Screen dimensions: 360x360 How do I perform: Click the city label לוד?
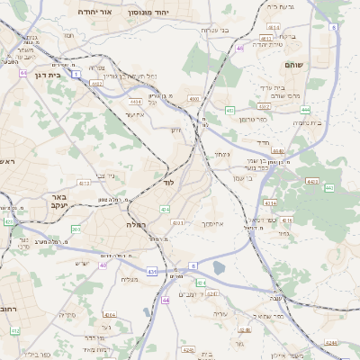click(168, 182)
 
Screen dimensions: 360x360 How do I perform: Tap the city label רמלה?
click(137, 225)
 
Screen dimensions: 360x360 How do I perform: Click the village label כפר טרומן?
click(254, 119)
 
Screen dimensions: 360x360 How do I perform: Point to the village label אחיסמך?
click(213, 223)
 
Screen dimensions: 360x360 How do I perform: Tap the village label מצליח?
click(130, 279)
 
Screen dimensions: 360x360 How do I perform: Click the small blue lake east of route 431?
click(220, 267)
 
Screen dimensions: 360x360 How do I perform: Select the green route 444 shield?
click(306, 109)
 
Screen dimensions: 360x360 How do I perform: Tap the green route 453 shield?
click(230, 110)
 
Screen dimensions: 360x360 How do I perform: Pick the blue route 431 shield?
click(151, 271)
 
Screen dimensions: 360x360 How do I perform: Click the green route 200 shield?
click(76, 229)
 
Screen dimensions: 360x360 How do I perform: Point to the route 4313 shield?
click(84, 183)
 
